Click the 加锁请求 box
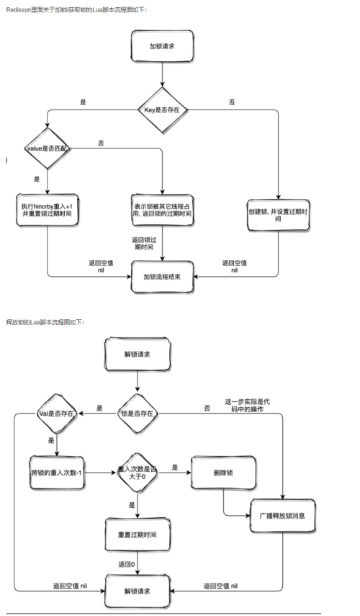(x=162, y=45)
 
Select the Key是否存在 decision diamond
(x=162, y=110)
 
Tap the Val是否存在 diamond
(x=57, y=414)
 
